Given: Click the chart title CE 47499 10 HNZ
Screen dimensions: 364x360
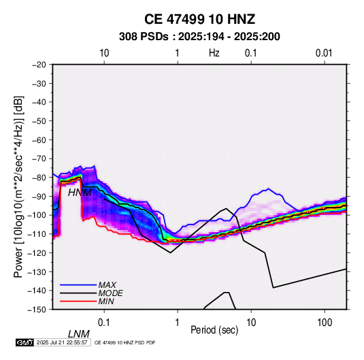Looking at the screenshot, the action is coord(199,19).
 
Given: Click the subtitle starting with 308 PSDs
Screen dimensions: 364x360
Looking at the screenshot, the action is coord(199,37).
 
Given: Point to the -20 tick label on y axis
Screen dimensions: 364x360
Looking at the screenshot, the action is coord(39,65).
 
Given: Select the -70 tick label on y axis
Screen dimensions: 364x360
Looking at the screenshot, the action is coord(39,159).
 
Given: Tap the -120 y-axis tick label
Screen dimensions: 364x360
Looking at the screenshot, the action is coord(37,252).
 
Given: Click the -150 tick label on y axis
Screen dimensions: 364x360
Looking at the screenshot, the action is coord(37,310).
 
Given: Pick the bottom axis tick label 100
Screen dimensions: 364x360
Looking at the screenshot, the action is coord(325,323).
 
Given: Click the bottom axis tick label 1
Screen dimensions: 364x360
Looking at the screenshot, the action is coord(178,323).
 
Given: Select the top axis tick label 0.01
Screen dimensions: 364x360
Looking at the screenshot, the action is coord(324,53).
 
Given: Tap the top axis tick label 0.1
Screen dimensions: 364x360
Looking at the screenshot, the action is coord(251,53).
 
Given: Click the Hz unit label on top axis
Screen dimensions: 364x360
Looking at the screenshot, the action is coord(214,53).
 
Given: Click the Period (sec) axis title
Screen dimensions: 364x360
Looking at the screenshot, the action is coord(214,330).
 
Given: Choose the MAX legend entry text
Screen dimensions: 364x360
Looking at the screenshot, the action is coord(107,285).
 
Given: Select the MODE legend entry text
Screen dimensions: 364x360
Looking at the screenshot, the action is coord(110,293).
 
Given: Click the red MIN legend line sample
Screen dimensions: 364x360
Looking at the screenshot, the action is coord(78,301).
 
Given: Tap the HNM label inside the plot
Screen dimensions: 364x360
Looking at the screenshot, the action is coord(80,193).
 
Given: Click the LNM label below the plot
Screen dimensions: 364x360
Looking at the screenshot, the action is coord(78,334).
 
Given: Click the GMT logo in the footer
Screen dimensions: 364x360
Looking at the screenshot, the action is coord(25,342).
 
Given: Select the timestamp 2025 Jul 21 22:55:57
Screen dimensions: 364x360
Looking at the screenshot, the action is coord(62,342).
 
